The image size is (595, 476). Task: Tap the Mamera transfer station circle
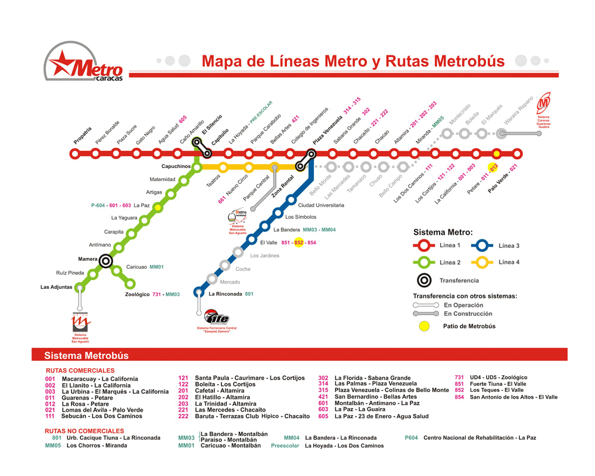[107, 260]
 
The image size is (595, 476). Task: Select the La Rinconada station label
[225, 294]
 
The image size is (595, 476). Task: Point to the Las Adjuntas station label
[56, 287]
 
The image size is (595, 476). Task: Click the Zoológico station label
[137, 294]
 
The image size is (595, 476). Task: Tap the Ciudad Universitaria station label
[321, 205]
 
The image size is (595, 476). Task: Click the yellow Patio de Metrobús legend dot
[423, 326]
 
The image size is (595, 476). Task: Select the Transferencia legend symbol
[423, 280]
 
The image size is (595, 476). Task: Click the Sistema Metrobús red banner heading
[86, 356]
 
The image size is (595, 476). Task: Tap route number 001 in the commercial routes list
[50, 379]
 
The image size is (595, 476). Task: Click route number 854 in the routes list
[459, 397]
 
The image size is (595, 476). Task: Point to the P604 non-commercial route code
[411, 438]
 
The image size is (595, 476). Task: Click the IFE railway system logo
[216, 318]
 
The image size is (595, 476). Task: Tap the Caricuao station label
[136, 267]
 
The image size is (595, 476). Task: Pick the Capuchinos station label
[176, 167]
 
